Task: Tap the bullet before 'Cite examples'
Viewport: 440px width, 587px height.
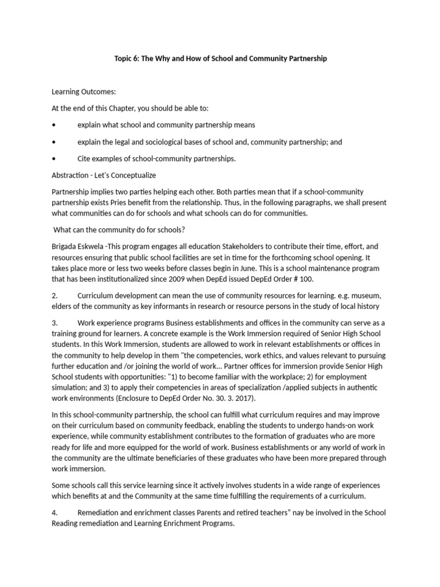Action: pos(53,158)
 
